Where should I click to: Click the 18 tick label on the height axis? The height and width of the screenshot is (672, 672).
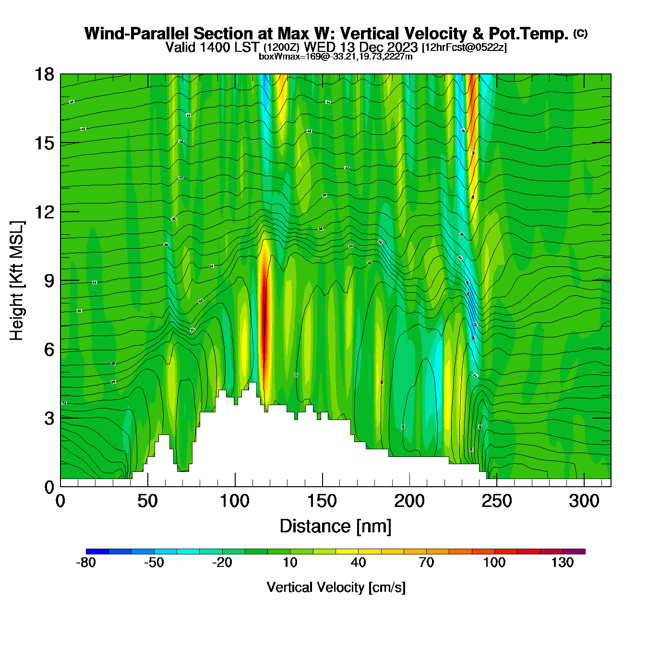[44, 74]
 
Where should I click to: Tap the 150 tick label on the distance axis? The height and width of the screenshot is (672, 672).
[322, 502]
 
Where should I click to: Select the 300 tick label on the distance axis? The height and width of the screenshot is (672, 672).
[584, 502]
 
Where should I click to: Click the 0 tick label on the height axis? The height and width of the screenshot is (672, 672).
[49, 487]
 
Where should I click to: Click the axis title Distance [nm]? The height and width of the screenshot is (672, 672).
[336, 527]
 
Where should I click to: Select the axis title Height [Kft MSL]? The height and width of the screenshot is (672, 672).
[17, 281]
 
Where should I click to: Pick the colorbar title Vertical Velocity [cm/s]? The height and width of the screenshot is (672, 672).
[336, 588]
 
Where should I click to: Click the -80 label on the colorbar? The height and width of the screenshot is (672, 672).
[86, 563]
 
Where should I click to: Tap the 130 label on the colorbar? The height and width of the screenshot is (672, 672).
[563, 563]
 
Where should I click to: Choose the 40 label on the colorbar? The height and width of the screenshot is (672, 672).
[358, 563]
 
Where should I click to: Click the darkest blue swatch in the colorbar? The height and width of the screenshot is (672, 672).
[97, 552]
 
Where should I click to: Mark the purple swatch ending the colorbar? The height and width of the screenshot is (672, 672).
[574, 552]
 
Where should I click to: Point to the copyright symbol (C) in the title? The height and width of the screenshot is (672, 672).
[580, 33]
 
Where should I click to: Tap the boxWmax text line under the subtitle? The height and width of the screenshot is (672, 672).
[336, 57]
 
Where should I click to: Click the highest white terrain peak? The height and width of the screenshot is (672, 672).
[252, 385]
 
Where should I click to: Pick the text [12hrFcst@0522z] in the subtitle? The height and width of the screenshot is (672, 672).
[464, 48]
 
